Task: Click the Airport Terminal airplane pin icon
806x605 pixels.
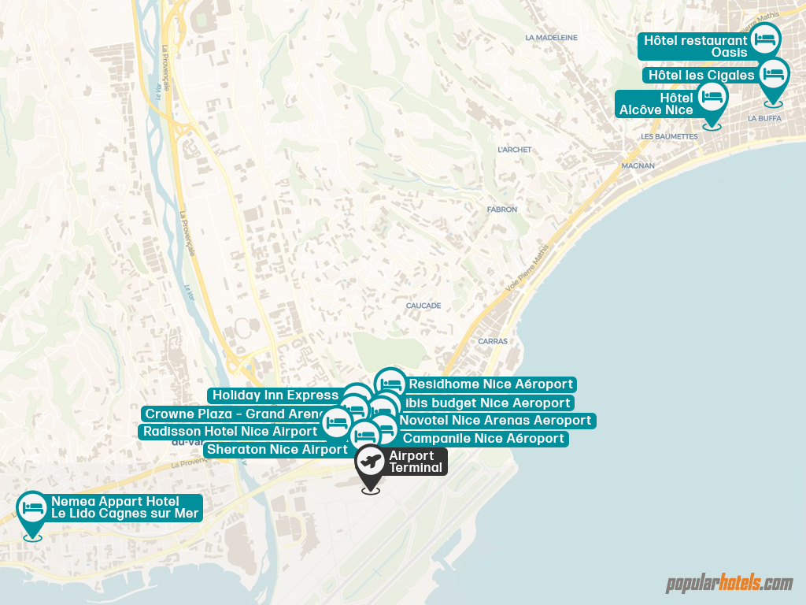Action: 370,462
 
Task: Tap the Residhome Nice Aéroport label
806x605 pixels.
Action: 490,384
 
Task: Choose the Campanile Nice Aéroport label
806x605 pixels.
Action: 483,438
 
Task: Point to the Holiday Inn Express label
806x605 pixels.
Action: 275,395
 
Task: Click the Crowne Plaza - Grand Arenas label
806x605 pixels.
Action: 235,414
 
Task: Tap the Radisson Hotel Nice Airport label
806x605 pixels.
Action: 230,431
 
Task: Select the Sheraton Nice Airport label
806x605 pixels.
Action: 275,449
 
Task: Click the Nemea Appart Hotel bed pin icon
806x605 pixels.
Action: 32,507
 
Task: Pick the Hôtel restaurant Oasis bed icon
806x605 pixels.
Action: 764,39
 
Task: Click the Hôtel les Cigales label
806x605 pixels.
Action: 701,75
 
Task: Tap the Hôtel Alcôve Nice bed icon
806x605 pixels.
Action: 712,97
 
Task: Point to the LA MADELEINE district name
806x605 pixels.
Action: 551,37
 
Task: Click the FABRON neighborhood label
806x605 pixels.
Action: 502,210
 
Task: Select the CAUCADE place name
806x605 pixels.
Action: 423,306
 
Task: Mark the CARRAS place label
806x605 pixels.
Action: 493,341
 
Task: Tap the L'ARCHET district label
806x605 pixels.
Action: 515,150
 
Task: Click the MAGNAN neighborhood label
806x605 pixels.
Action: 638,166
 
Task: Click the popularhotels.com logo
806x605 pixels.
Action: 730,584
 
